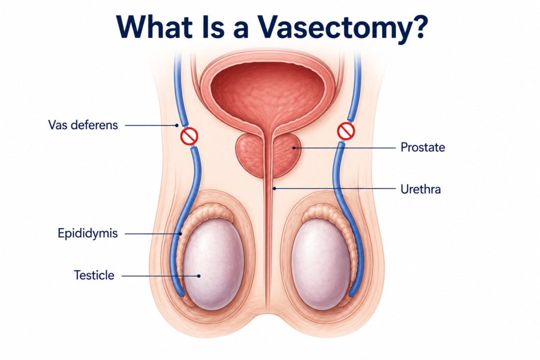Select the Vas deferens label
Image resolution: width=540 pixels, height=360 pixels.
pos(83,125)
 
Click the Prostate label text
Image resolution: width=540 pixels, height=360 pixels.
pos(422,148)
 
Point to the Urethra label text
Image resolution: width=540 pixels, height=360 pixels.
pos(420,189)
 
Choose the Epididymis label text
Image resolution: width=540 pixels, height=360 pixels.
pos(88,233)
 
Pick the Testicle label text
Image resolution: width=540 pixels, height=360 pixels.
pos(94,275)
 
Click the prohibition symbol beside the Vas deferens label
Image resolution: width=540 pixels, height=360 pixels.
pos(189,136)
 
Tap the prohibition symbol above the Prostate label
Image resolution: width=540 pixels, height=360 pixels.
pos(346,131)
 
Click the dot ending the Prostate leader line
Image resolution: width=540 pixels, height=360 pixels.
pos(294,148)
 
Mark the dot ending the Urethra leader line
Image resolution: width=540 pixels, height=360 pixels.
pos(274,188)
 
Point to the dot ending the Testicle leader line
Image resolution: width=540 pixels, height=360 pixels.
pos(199,276)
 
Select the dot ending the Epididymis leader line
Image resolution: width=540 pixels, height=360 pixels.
pos(180,233)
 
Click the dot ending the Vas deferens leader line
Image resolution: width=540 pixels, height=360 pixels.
pos(177,125)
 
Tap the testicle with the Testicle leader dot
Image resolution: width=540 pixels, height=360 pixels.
pos(213,264)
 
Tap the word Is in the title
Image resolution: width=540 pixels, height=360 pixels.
pos(213,27)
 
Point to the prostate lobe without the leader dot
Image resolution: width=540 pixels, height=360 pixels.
pos(250,155)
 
